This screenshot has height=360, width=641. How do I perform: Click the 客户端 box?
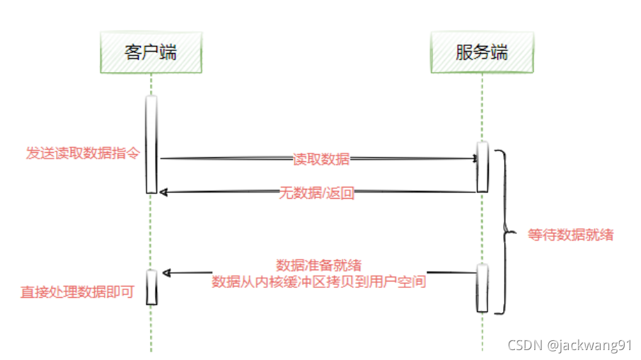150,53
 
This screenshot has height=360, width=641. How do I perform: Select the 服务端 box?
482,53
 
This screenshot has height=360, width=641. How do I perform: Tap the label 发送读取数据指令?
83,153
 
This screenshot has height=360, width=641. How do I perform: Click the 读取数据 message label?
321,159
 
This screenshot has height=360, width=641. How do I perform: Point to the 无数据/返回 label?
316,193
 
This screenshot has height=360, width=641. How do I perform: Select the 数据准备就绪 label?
319,265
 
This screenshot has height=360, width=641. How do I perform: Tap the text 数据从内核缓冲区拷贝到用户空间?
319,281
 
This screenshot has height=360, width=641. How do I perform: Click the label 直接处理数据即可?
78,291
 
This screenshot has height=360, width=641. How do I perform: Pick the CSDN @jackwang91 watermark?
570,345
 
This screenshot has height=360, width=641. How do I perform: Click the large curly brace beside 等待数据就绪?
504,231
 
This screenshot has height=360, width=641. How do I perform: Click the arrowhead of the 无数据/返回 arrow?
163,191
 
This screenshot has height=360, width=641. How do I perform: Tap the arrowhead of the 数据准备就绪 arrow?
166,272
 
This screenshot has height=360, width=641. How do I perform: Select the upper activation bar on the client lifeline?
151,144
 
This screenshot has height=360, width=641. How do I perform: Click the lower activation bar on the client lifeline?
151,286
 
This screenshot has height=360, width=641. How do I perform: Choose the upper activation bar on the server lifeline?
482,166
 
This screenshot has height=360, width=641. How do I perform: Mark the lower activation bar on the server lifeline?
482,287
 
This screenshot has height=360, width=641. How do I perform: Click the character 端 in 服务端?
499,53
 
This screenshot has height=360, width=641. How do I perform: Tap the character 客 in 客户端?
133,53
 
